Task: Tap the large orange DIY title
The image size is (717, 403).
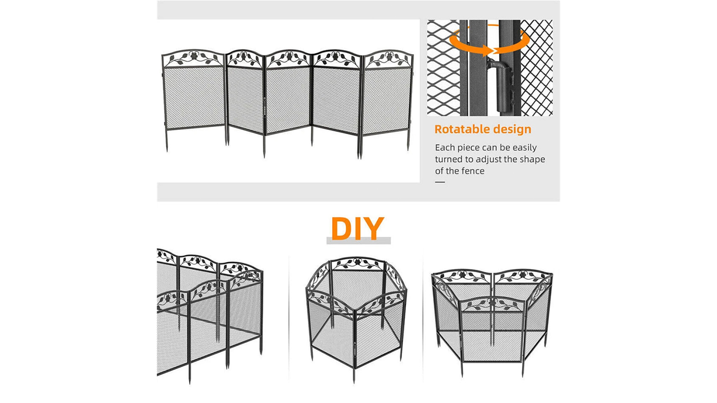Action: point(358,228)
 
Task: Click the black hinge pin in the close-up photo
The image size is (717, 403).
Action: point(502,83)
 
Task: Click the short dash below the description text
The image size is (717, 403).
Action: point(440,182)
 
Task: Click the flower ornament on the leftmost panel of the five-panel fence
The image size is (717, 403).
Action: point(194,55)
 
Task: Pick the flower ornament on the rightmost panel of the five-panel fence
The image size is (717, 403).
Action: point(389,57)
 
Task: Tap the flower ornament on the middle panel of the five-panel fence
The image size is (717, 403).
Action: point(289,56)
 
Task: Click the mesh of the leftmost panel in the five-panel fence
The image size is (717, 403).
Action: point(194,97)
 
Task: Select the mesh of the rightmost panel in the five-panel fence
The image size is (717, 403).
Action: point(387,101)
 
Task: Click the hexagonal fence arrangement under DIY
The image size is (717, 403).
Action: point(356,317)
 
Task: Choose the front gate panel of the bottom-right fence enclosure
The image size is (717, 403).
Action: point(492,329)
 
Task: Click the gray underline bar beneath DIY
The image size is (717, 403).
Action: point(358,241)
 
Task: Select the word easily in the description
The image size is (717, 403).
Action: point(524,148)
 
